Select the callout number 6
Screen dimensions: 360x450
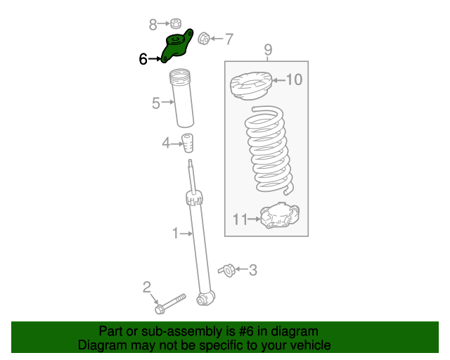(143, 60)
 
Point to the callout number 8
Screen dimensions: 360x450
(153, 25)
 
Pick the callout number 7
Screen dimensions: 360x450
(229, 39)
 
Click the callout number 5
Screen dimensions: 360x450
(156, 103)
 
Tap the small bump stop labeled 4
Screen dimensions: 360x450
(188, 142)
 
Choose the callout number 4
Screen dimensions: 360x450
(166, 143)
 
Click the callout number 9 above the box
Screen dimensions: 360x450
(268, 49)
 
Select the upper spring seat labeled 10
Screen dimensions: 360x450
(250, 87)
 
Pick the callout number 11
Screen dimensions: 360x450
(240, 220)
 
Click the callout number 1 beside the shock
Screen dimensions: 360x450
(176, 233)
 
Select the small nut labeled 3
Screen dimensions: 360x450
(226, 269)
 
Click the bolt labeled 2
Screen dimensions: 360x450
(169, 303)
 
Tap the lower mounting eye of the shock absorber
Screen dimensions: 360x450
(205, 300)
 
